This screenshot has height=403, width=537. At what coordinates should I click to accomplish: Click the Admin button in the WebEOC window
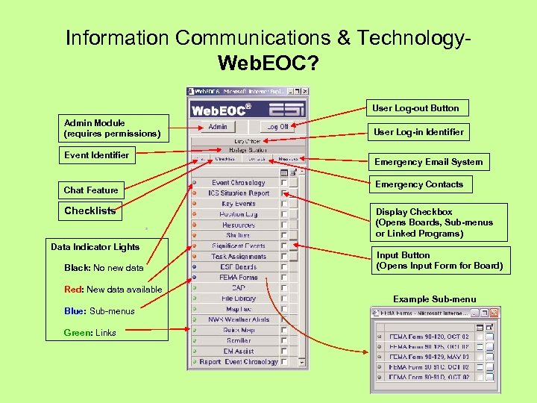[x=217, y=127]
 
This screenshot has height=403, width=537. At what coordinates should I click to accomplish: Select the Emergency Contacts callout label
[x=418, y=184]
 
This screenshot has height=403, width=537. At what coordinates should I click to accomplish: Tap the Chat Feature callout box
[x=91, y=190]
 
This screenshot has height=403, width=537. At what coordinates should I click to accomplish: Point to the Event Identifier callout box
[x=97, y=155]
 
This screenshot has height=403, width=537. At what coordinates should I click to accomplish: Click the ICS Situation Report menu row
[x=239, y=193]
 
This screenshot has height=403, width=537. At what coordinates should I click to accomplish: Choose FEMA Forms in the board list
[x=239, y=277]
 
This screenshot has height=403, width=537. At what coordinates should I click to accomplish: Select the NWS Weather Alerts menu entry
[x=239, y=319]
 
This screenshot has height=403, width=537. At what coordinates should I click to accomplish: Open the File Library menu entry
[x=239, y=299]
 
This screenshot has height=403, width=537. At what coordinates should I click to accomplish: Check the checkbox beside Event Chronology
[x=283, y=183]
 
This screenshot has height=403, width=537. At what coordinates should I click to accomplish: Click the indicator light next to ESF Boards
[x=194, y=266]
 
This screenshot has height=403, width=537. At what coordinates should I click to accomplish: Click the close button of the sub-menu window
[x=493, y=313]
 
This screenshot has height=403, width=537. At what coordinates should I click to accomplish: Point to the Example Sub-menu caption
[x=434, y=299]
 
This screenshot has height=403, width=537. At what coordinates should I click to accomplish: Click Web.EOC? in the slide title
[x=268, y=63]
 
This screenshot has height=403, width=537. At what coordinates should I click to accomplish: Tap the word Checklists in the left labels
[x=90, y=211]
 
